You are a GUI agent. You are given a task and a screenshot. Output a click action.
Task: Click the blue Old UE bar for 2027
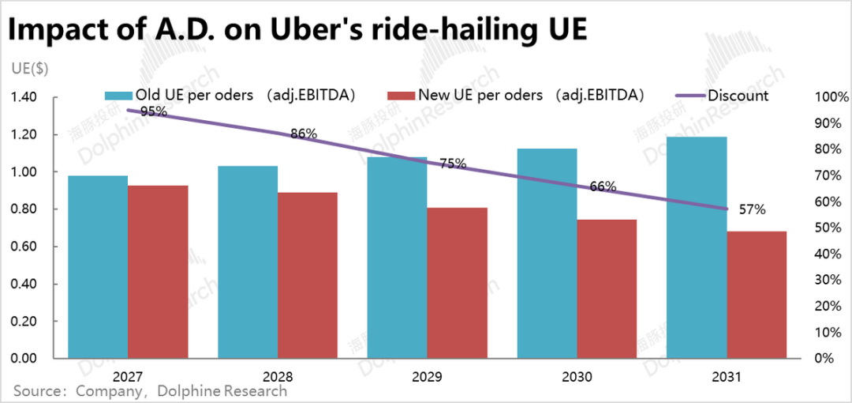coord(98,266)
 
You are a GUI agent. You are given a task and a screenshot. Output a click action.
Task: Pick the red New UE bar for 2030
coord(607,288)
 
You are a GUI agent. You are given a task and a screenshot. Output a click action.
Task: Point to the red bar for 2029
coord(457,283)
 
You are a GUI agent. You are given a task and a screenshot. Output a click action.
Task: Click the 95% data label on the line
coord(153,111)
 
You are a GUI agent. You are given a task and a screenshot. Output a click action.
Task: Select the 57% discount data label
coord(752,209)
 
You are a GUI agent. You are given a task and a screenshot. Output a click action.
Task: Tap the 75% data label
coord(453,164)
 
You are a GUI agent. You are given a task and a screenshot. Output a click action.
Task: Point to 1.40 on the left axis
coord(24,97)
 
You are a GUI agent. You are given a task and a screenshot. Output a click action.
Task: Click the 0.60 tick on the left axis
coord(24,247)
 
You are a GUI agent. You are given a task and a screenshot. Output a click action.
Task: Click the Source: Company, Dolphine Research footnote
coord(150,391)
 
